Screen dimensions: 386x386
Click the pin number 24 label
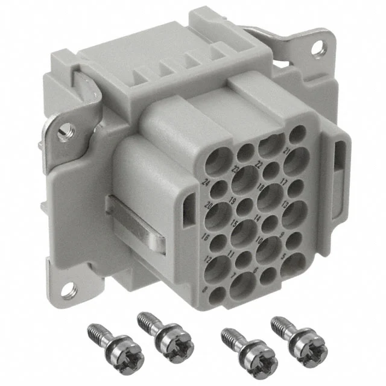[207, 180]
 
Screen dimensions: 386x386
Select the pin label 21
[286, 149]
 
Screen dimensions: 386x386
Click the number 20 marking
[209, 206]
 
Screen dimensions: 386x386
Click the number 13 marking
[286, 204]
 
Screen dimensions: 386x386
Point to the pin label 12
[208, 260]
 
